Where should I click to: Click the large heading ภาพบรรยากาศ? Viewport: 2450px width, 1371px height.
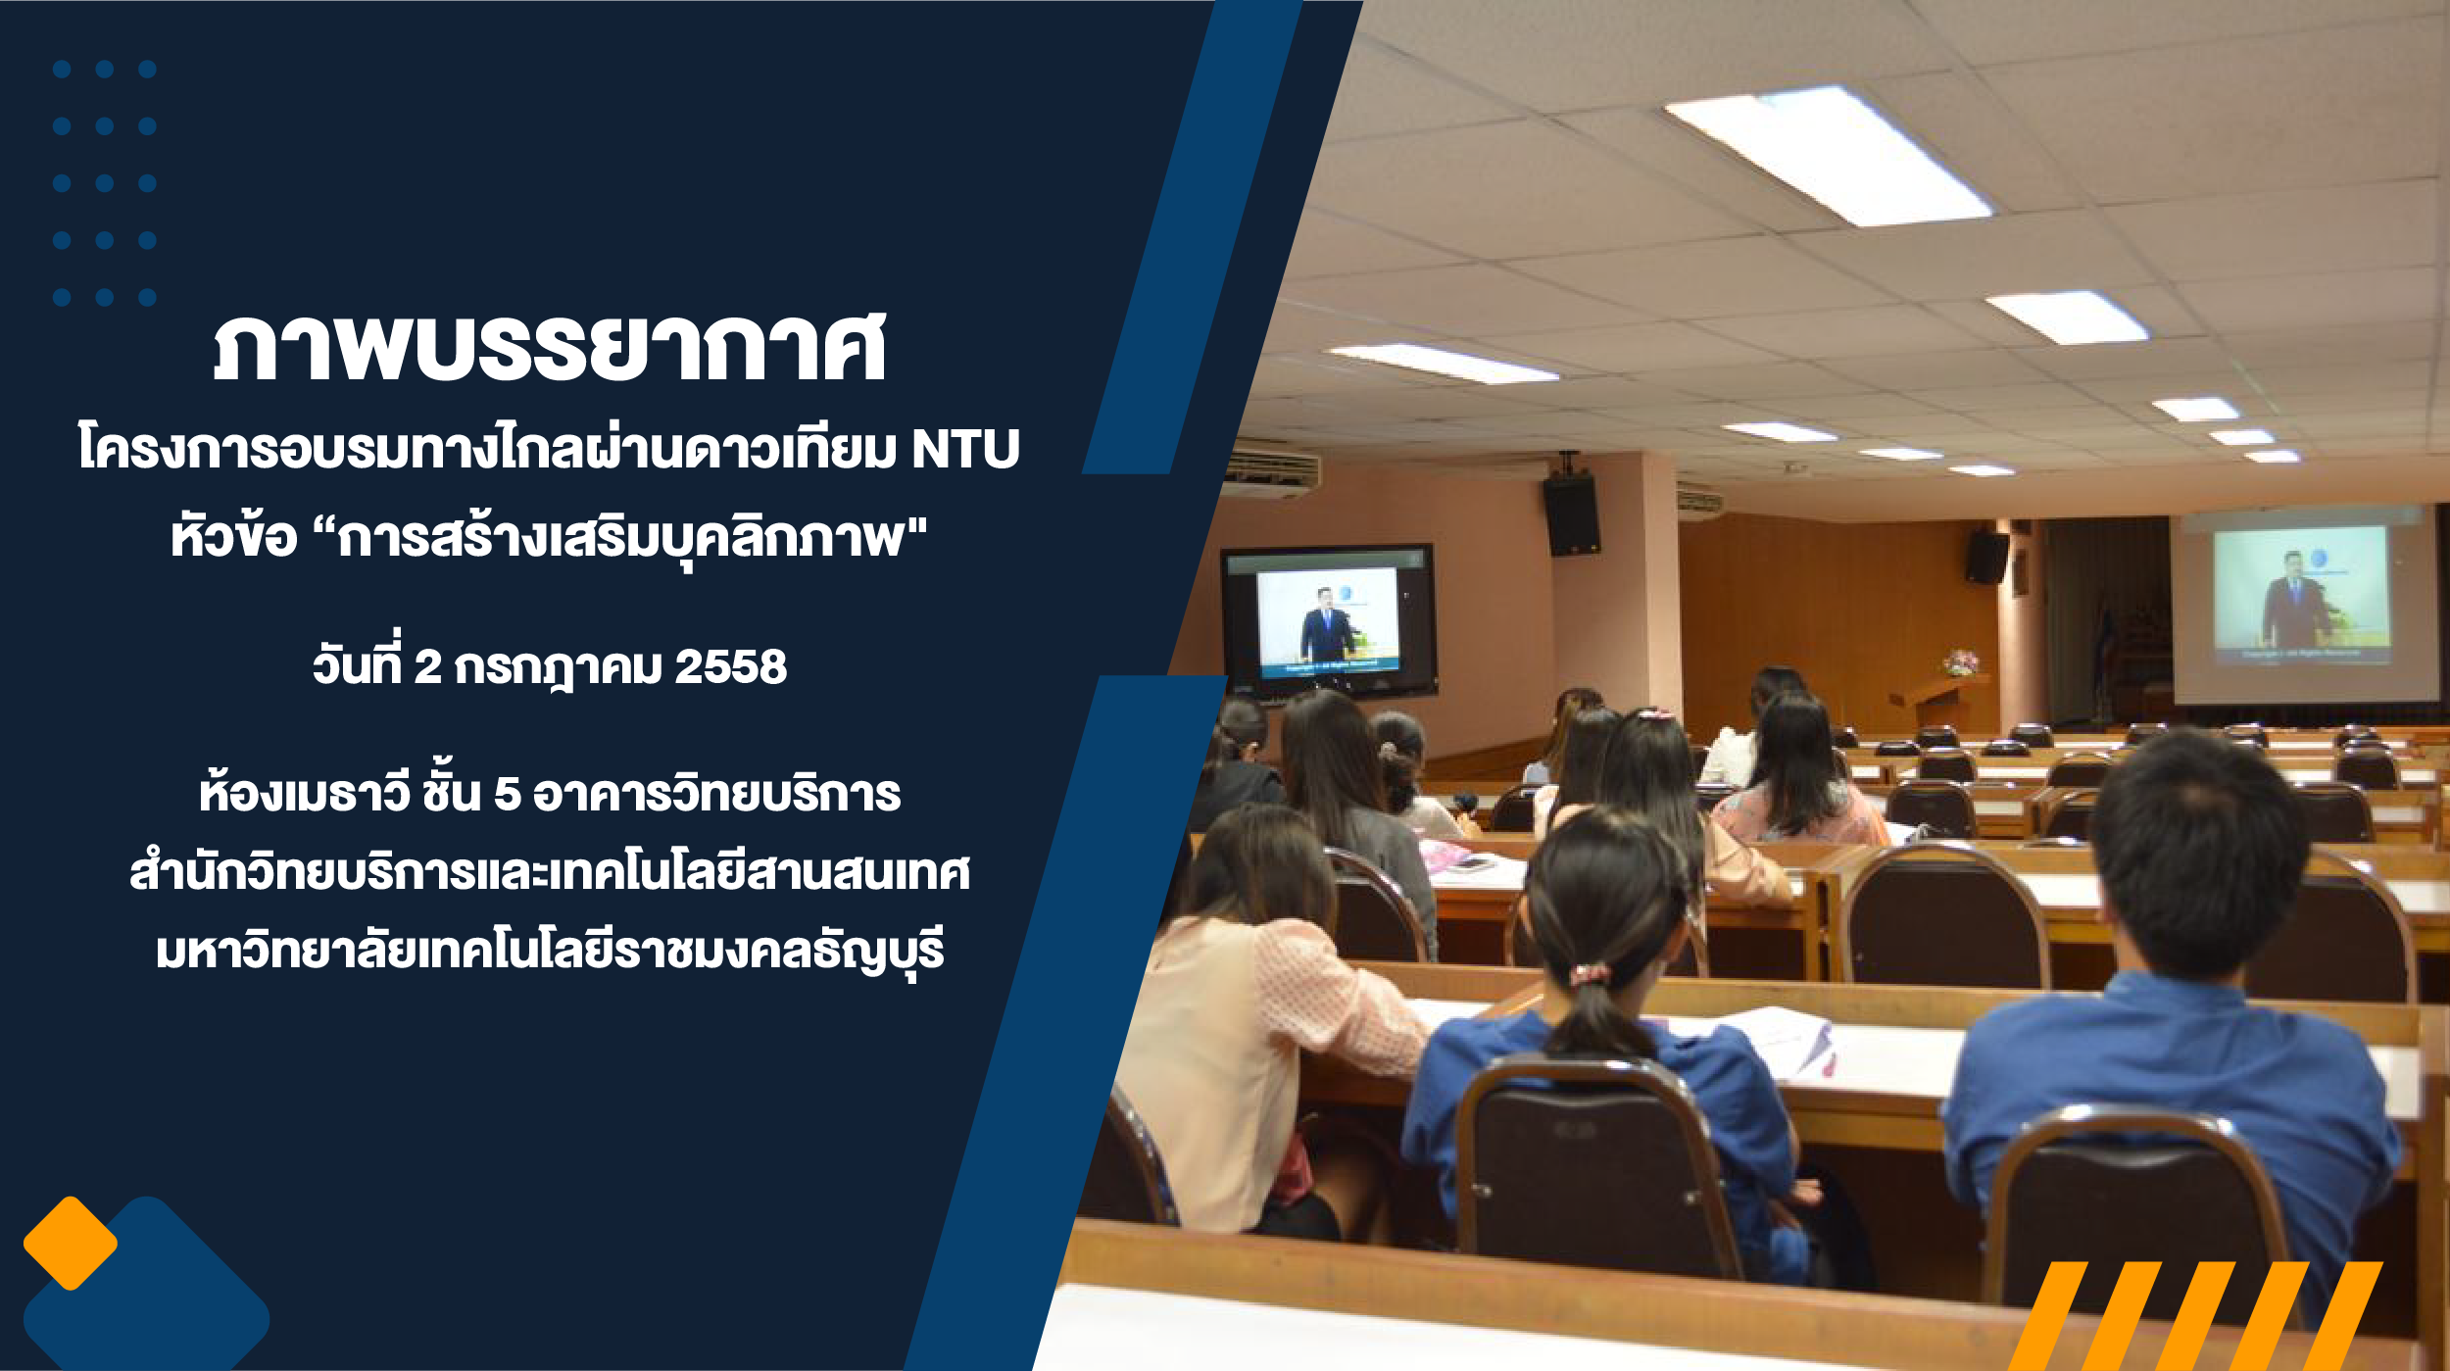[550, 347]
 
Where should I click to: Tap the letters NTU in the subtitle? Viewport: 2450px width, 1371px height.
[966, 450]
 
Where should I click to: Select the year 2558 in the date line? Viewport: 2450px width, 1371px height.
[731, 667]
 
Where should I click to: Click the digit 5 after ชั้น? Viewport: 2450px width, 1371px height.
[507, 794]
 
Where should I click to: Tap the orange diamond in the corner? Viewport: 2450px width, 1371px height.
[71, 1243]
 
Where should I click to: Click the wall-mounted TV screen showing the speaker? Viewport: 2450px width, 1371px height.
[1328, 620]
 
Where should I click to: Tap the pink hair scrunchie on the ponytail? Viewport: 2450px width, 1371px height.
[1590, 974]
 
